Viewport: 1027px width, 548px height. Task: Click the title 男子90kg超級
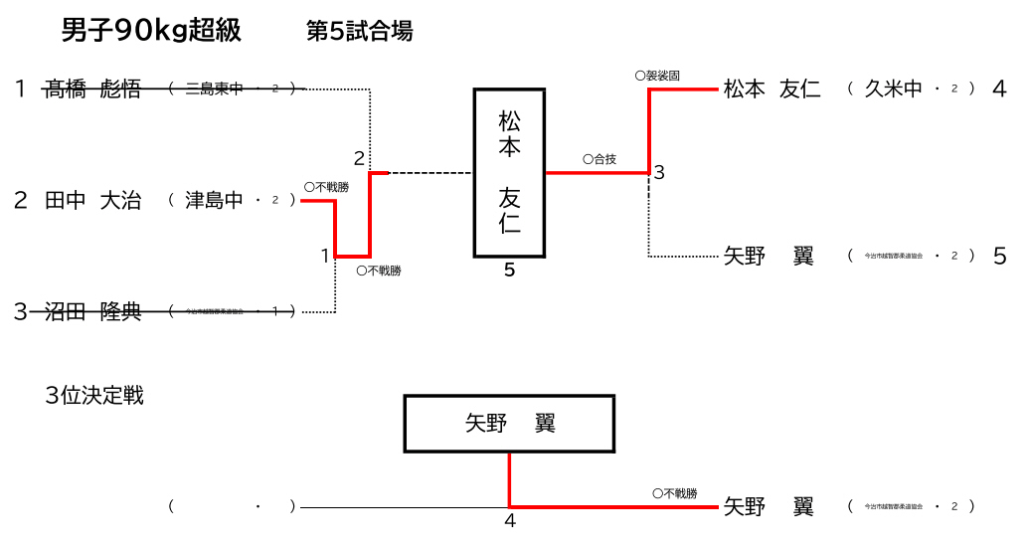coord(151,31)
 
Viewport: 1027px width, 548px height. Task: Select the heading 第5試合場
coord(359,32)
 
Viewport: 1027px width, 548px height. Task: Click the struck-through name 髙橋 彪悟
coord(93,90)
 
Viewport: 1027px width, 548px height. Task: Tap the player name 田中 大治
coord(93,201)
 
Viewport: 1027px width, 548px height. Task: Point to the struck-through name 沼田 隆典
coord(93,312)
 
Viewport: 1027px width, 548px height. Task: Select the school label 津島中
coord(214,201)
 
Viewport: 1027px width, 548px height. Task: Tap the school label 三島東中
coord(214,90)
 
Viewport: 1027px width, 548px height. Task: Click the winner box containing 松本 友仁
coord(509,173)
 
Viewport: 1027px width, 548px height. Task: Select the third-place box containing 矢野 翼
coord(509,424)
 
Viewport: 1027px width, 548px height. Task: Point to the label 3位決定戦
coord(94,396)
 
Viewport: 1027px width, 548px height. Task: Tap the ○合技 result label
coord(599,159)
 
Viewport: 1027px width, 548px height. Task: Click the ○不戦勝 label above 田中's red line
coord(326,186)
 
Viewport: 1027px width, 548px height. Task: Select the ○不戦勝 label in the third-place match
coord(674,493)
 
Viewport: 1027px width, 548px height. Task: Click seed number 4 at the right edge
coord(999,89)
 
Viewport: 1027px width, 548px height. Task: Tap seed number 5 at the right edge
coord(999,257)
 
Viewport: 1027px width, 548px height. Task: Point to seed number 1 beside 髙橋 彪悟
coord(20,90)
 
